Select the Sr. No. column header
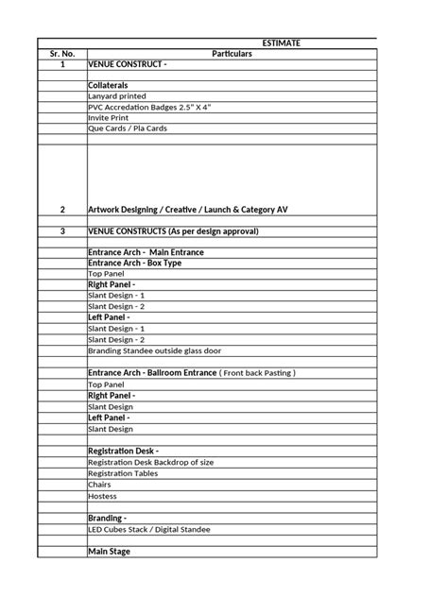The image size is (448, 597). point(62,54)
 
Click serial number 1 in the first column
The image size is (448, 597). point(62,64)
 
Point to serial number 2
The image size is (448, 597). point(62,209)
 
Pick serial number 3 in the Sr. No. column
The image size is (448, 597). point(62,230)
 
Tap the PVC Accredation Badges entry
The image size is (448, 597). point(148,107)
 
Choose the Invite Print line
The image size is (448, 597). point(108,117)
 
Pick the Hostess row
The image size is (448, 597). point(102,495)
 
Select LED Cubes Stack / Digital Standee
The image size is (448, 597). point(148,529)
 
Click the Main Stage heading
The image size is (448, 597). point(109,551)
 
